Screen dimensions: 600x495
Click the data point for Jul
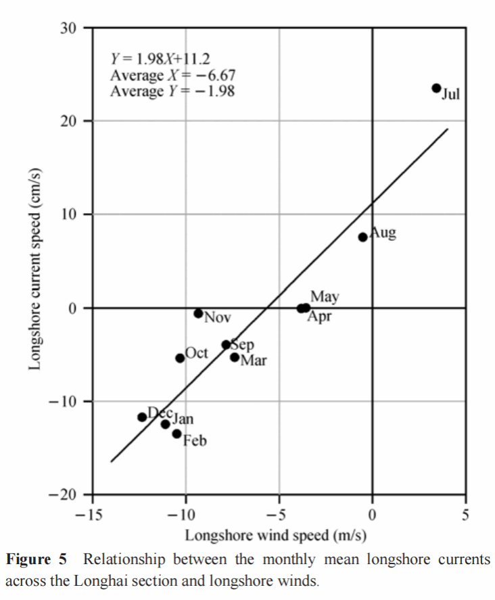point(436,88)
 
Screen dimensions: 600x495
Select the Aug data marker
point(362,237)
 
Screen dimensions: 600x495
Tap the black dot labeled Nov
point(198,313)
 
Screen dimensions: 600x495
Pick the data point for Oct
point(180,358)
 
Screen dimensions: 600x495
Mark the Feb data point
point(176,434)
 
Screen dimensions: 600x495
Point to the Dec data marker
point(142,417)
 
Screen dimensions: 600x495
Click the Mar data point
point(235,357)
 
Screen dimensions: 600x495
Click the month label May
point(325,297)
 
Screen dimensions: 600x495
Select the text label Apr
point(319,317)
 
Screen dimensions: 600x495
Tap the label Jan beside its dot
point(182,419)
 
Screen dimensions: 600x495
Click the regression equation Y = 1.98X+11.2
point(164,59)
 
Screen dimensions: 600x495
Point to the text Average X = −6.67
point(173,75)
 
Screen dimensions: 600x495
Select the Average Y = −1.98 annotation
point(173,91)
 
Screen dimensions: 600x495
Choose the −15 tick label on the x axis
point(89,515)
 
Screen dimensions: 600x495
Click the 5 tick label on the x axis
point(465,515)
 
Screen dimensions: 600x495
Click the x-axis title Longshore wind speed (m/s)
point(276,536)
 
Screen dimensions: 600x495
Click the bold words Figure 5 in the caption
point(38,560)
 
